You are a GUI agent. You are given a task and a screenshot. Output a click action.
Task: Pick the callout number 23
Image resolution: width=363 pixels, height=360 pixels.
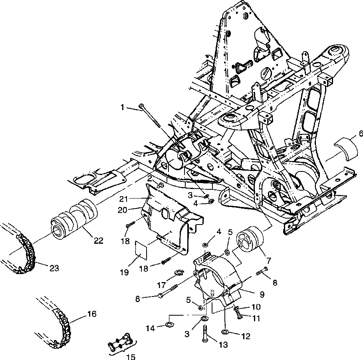coord(54,268)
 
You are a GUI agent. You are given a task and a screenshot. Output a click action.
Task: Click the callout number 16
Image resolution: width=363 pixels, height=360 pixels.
coord(91,314)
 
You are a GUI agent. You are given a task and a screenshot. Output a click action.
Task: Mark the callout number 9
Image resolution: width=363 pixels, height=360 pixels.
coord(262,294)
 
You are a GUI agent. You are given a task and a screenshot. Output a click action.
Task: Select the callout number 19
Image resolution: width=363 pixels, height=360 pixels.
coord(124,272)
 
